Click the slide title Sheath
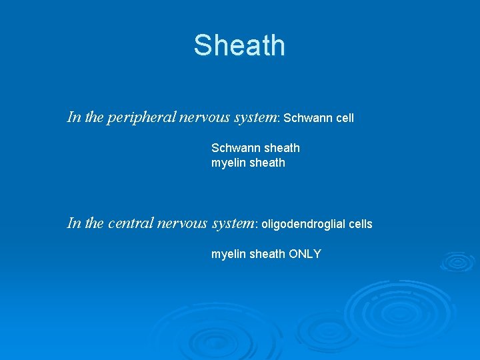click(239, 45)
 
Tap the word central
click(129, 223)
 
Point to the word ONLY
click(305, 254)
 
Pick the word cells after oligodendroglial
click(359, 224)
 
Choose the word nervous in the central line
click(182, 223)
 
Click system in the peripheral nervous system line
click(255, 117)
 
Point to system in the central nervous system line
click(233, 223)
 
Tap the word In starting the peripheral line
click(73, 117)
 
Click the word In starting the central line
click(73, 223)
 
